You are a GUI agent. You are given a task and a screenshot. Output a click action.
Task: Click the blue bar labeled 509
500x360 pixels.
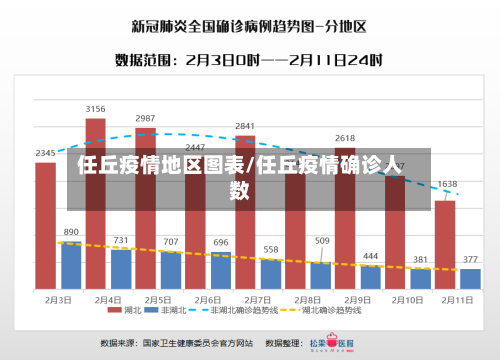pyautogui.click(x=321, y=274)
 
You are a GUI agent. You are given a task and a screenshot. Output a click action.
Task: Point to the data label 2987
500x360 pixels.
pyautogui.click(x=145, y=118)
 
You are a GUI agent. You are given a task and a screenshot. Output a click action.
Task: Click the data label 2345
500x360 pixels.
pyautogui.click(x=45, y=153)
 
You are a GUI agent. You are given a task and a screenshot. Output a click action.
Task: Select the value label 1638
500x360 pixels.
pyautogui.click(x=447, y=184)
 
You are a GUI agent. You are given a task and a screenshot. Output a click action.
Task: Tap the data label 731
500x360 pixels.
pyautogui.click(x=121, y=240)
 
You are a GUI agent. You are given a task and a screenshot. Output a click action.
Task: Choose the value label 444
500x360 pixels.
pyautogui.click(x=371, y=256)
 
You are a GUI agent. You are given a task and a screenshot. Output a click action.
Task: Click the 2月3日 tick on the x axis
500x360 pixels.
pyautogui.click(x=58, y=299)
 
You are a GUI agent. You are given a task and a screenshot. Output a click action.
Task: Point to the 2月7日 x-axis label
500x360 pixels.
pyautogui.click(x=258, y=299)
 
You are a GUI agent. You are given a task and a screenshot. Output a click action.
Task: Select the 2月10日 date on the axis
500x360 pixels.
pyautogui.click(x=408, y=299)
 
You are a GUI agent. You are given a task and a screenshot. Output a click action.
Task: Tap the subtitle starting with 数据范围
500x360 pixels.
pyautogui.click(x=249, y=60)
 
